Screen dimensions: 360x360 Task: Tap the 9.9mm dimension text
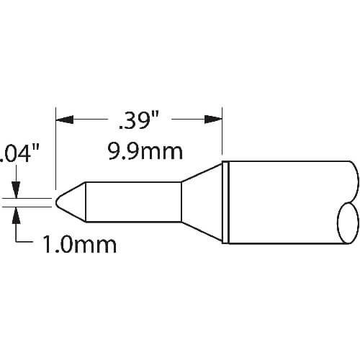(145, 152)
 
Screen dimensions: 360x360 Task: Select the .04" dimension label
(19, 153)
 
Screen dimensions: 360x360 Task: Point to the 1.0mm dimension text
(79, 245)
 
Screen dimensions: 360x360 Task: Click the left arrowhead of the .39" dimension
(64, 120)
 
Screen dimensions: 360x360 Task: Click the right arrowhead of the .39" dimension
(213, 120)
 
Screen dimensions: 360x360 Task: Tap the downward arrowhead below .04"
(16, 189)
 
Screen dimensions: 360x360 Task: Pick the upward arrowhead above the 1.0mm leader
(16, 215)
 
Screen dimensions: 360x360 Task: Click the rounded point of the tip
(58, 202)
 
